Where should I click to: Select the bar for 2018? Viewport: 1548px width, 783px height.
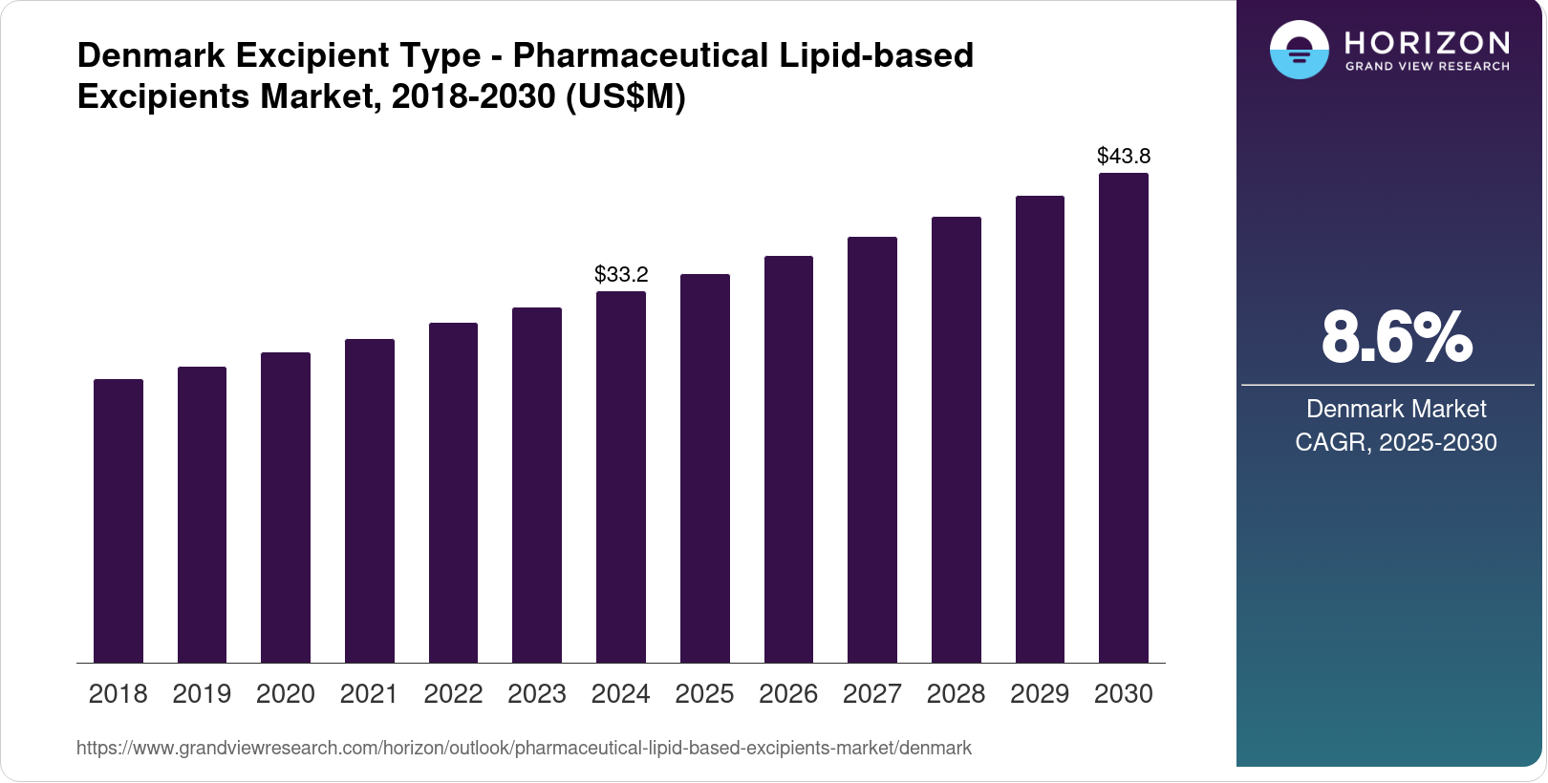click(118, 520)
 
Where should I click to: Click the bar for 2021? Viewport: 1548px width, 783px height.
click(370, 500)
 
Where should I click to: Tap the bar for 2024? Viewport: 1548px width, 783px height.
click(621, 476)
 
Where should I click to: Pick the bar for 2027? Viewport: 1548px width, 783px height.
click(872, 450)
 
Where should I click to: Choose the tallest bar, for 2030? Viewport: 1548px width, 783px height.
click(1124, 417)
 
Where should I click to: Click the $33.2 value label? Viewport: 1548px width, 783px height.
click(621, 275)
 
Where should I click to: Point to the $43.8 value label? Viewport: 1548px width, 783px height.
click(1124, 156)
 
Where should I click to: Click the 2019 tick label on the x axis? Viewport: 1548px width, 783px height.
click(202, 694)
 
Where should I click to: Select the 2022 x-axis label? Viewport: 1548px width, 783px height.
click(453, 694)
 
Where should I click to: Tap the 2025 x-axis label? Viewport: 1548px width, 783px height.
click(704, 694)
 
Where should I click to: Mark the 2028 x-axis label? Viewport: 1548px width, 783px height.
click(956, 694)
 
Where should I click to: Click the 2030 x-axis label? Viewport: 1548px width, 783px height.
click(1124, 694)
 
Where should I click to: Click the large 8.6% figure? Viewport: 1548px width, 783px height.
click(1396, 337)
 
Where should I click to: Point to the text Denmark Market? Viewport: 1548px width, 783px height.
click(1396, 410)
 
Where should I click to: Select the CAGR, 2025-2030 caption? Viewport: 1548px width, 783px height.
click(1396, 443)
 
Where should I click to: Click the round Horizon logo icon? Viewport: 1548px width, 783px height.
click(1299, 50)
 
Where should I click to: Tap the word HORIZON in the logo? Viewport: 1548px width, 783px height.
click(1428, 42)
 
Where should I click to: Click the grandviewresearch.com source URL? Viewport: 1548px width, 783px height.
click(524, 749)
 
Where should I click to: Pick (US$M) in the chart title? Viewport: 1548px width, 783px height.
click(626, 97)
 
